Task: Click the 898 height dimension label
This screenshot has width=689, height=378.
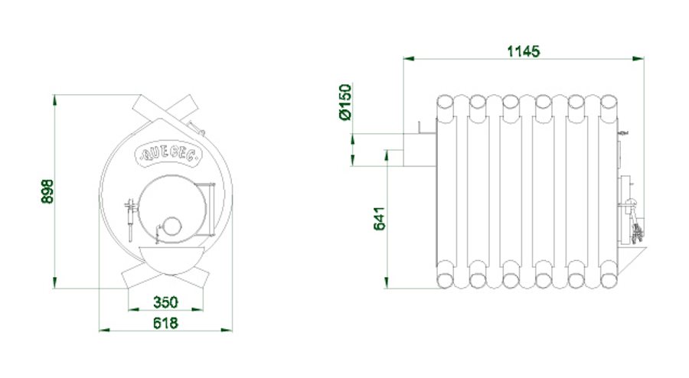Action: (47, 191)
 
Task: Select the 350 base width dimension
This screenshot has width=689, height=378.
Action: (165, 302)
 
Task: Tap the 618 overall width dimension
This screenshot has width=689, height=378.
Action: (165, 323)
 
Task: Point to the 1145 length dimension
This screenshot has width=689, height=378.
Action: (524, 51)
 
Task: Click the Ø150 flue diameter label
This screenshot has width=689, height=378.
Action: (345, 103)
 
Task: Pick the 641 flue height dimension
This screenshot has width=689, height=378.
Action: (379, 218)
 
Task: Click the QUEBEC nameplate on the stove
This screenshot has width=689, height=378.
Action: (170, 152)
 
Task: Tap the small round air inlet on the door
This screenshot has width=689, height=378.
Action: (171, 226)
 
